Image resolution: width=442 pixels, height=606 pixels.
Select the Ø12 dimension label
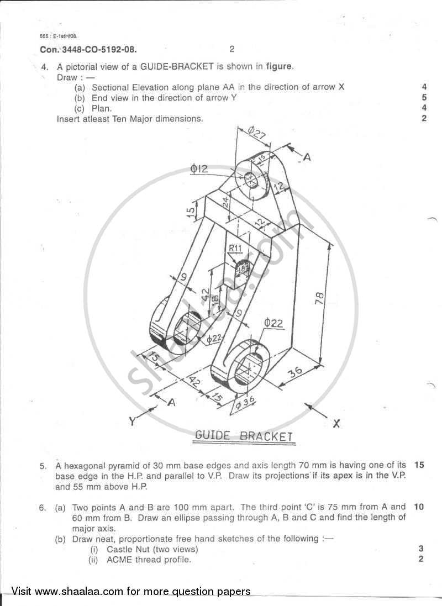tap(199, 169)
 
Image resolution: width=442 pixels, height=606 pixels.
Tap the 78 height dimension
tap(319, 298)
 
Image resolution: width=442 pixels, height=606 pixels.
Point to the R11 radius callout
tap(236, 249)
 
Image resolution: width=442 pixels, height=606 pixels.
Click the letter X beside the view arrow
tap(336, 424)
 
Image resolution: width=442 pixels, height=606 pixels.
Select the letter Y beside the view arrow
tap(133, 421)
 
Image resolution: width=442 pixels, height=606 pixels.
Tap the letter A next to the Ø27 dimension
tap(307, 157)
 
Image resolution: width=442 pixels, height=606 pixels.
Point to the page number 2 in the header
tap(231, 49)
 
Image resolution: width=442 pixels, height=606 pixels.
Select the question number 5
tap(43, 466)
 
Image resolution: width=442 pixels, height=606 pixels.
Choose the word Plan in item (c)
tap(102, 108)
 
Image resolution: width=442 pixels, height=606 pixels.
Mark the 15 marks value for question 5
tap(419, 465)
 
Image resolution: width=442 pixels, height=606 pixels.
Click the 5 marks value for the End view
tap(424, 98)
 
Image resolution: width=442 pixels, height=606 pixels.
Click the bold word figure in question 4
tap(280, 67)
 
